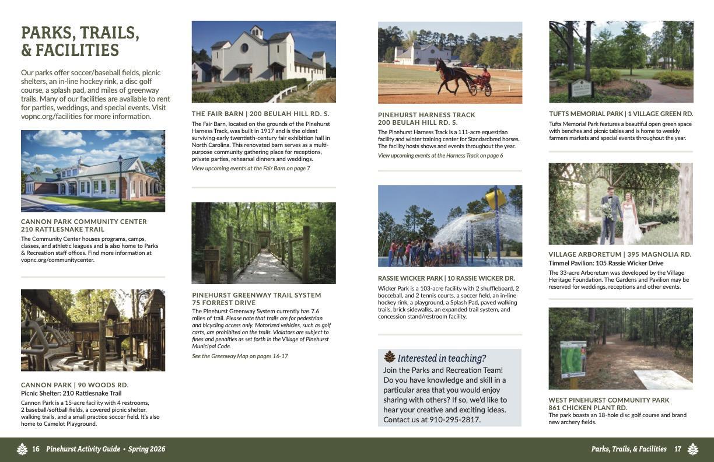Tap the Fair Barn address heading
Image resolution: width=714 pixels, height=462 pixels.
pyautogui.click(x=260, y=114)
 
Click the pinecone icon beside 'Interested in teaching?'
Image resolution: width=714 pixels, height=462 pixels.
pyautogui.click(x=389, y=357)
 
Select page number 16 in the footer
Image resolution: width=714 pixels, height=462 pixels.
pyautogui.click(x=36, y=449)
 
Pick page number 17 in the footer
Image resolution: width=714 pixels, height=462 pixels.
pyautogui.click(x=678, y=449)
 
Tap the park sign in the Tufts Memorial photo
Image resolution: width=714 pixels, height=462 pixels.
pyautogui.click(x=582, y=88)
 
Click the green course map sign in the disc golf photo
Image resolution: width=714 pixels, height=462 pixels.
pyautogui.click(x=573, y=359)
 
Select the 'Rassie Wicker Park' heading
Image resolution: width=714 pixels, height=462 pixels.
pyautogui.click(x=446, y=278)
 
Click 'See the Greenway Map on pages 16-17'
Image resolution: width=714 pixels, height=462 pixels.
pyautogui.click(x=240, y=356)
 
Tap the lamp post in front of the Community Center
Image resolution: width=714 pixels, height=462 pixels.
pyautogui.click(x=120, y=178)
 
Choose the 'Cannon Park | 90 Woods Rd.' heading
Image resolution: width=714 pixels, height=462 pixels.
pyautogui.click(x=75, y=385)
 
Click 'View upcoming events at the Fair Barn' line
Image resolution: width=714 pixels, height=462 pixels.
pyautogui.click(x=251, y=168)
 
